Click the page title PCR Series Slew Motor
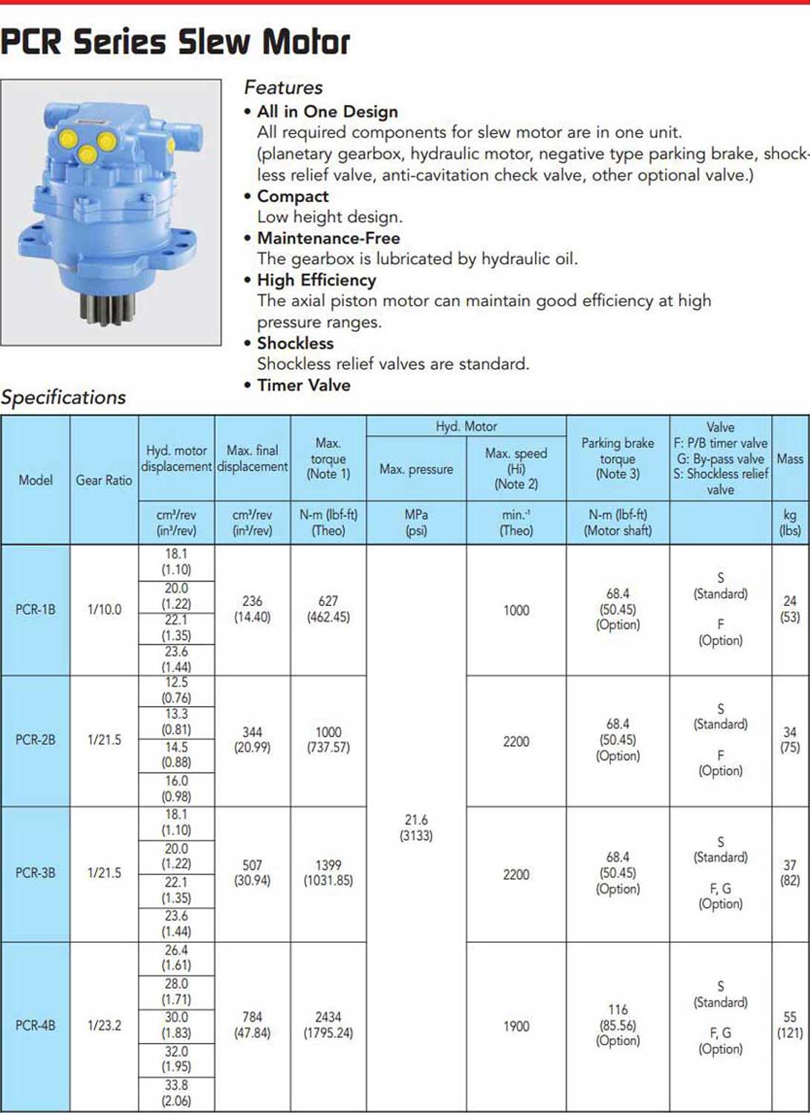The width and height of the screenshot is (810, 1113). [x=175, y=42]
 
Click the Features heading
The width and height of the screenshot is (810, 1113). [x=283, y=88]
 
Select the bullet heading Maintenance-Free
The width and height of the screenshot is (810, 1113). [x=328, y=238]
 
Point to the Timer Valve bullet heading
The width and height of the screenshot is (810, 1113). [x=303, y=385]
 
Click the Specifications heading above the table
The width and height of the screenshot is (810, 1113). [x=63, y=397]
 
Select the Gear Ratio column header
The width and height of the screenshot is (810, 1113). [x=104, y=480]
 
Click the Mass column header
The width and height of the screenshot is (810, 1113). [x=790, y=459]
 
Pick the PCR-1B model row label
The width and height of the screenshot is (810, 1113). [x=36, y=610]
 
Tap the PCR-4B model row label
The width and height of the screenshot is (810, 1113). [x=36, y=1025]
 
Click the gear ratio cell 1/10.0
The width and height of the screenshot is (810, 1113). [x=104, y=610]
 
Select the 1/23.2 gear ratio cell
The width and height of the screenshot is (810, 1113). [x=104, y=1025]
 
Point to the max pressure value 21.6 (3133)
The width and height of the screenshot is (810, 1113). [x=416, y=828]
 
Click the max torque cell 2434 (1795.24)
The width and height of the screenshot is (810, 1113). [x=328, y=1025]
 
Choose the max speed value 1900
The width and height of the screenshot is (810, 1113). [x=516, y=1026]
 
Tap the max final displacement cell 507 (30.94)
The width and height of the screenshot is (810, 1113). [x=252, y=873]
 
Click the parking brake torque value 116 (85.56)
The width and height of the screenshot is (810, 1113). [x=618, y=1025]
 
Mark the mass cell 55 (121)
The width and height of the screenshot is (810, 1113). [x=790, y=1025]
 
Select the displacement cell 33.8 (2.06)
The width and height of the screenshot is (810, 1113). [x=176, y=1093]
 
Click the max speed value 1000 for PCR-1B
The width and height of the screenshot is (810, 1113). [x=516, y=610]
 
